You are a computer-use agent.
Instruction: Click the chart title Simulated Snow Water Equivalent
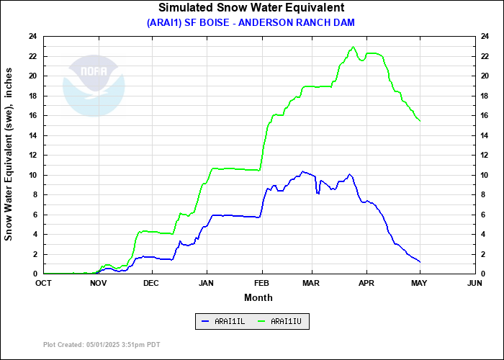point(251,8)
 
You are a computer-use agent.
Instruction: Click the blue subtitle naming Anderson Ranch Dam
point(251,22)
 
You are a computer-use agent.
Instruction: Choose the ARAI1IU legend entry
point(283,321)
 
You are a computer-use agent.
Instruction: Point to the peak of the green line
point(353,47)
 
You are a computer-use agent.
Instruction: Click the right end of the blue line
point(420,261)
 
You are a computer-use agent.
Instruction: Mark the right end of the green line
point(420,120)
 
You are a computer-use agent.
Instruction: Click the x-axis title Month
point(258,297)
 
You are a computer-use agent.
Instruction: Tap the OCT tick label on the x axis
point(43,283)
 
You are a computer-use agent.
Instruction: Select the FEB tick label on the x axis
point(261,283)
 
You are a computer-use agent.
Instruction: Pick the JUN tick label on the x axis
point(474,283)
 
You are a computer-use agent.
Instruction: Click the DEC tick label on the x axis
point(150,283)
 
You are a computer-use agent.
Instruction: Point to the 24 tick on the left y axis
point(33,36)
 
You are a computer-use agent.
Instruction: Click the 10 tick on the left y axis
point(33,175)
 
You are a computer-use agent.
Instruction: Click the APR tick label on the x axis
point(367,283)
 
